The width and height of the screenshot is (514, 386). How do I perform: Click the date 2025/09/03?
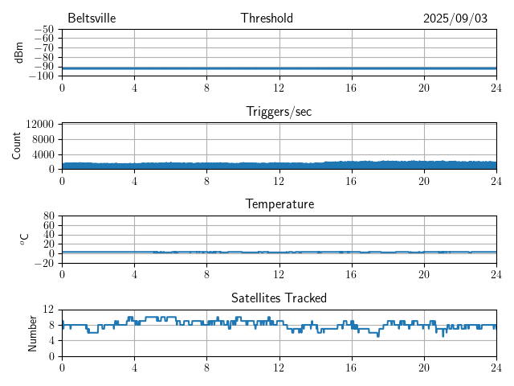[x=455, y=18]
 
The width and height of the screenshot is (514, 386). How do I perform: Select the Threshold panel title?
[x=267, y=18]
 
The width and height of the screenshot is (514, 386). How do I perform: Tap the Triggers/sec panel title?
[x=279, y=112]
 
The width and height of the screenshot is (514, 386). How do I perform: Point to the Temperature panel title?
[x=279, y=204]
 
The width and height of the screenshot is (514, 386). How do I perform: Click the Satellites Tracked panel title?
[x=279, y=298]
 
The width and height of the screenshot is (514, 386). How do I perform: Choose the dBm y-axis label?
[x=18, y=52]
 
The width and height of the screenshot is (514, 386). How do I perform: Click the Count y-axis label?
[x=17, y=146]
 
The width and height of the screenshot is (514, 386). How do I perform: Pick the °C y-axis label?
[x=23, y=239]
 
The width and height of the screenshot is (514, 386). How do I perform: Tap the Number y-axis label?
[x=33, y=332]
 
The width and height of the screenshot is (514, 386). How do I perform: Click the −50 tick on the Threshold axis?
[x=43, y=29]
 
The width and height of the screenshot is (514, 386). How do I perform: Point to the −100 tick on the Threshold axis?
[x=41, y=76]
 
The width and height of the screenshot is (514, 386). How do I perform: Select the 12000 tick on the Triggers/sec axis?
[x=39, y=125]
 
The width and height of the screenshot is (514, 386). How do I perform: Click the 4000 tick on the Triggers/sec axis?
[x=43, y=154]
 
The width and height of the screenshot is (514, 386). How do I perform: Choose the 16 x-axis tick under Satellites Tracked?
[x=351, y=368]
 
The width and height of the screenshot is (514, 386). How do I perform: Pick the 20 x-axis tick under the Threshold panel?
[x=423, y=88]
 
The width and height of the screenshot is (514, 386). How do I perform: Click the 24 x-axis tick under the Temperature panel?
[x=496, y=274]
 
